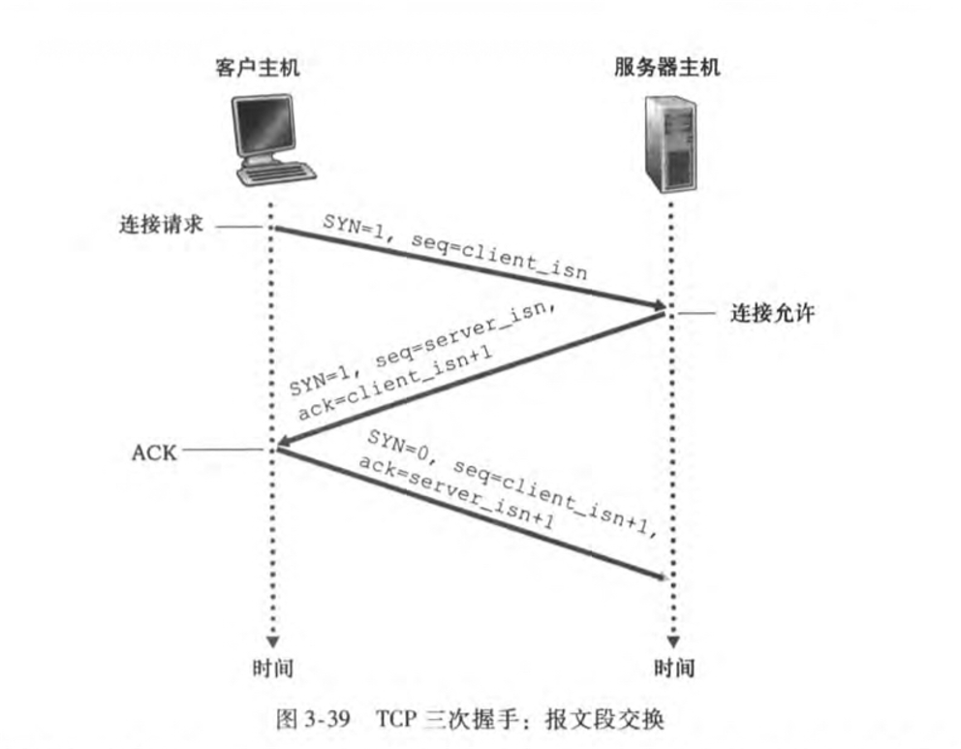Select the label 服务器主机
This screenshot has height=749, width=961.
click(667, 69)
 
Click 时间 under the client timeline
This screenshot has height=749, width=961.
click(271, 669)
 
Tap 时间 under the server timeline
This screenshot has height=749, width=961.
click(673, 669)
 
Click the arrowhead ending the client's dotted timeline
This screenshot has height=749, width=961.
click(272, 640)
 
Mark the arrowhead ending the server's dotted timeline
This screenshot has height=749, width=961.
click(672, 640)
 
